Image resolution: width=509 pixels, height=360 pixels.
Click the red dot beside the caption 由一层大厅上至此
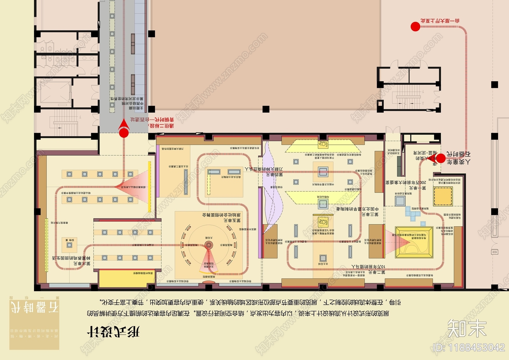pyautogui.click(x=415, y=27)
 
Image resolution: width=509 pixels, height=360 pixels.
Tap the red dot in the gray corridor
pyautogui.click(x=124, y=133)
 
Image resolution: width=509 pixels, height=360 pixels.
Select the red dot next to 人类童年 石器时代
pyautogui.click(x=441, y=158)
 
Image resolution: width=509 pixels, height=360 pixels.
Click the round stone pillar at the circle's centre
pyautogui.click(x=209, y=245)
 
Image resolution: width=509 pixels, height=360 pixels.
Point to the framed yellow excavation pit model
pyautogui.click(x=414, y=242)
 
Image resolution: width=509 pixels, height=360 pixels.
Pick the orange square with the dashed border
pyautogui.click(x=443, y=196)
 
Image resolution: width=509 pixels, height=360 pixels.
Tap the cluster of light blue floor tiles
pyautogui.click(x=413, y=213)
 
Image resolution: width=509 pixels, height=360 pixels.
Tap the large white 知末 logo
pyautogui.click(x=467, y=328)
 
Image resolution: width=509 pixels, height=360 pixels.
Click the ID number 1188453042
pyautogui.click(x=469, y=347)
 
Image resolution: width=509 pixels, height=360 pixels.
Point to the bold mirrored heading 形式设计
pyautogui.click(x=113, y=332)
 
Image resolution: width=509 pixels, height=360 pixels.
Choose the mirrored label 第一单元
pyautogui.click(x=417, y=188)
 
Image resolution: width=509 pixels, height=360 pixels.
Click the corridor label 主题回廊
pyautogui.click(x=136, y=108)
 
